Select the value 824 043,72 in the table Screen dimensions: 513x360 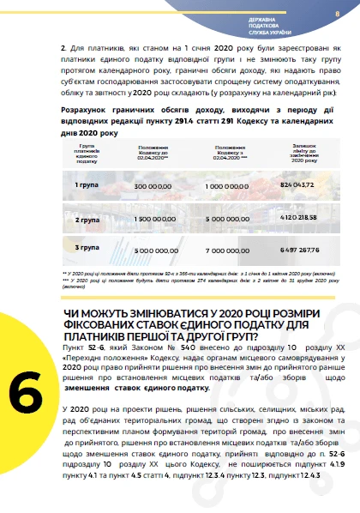pyautogui.click(x=299, y=185)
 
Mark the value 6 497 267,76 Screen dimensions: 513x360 pyautogui.click(x=299, y=249)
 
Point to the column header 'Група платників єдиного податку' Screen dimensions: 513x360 pyautogui.click(x=87, y=154)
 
